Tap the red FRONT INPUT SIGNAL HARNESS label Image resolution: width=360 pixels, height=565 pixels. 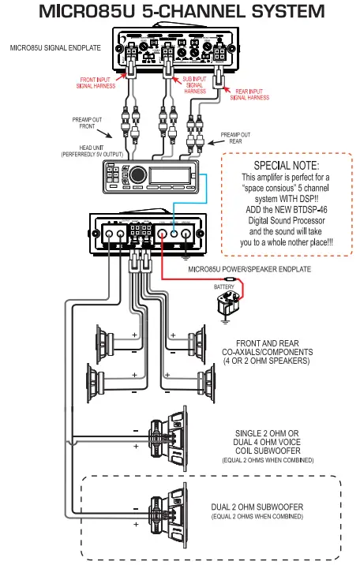(100, 83)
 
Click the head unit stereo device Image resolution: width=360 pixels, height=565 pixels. (150, 175)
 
